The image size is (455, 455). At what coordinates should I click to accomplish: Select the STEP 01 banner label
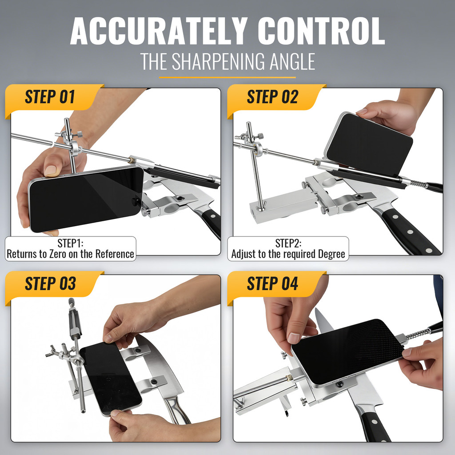point(50,97)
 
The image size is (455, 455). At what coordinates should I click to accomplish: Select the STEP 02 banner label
point(272,97)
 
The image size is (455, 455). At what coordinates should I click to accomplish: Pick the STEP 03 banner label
point(50,283)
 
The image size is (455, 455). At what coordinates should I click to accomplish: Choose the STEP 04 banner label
point(272,283)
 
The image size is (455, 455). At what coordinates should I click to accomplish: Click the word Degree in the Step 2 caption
point(331,254)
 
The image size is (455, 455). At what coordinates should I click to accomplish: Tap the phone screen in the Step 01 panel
point(86,199)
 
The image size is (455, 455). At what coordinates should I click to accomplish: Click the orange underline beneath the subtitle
point(227,77)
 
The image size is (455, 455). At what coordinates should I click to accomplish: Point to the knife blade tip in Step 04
point(316,309)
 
